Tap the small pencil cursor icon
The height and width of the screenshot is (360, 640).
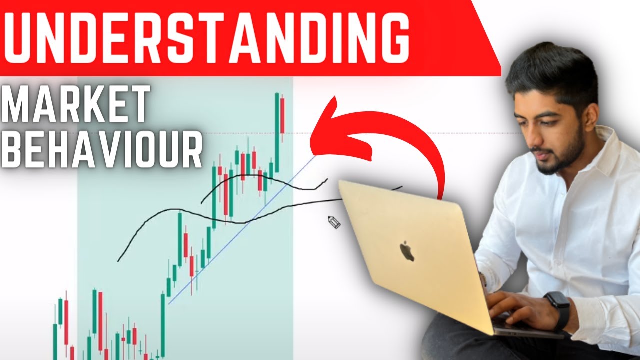333,222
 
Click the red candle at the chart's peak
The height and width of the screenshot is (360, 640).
282,115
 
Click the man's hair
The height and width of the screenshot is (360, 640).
550,70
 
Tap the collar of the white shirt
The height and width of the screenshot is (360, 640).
597,150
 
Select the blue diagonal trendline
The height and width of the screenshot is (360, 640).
240,230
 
